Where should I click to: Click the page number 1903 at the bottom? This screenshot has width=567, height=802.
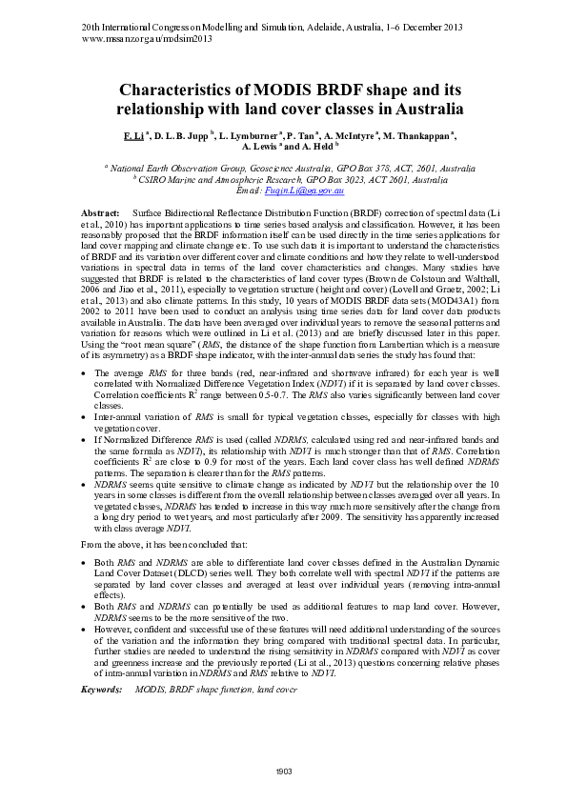click(283, 771)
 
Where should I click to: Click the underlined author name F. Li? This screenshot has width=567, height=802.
click(134, 136)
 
